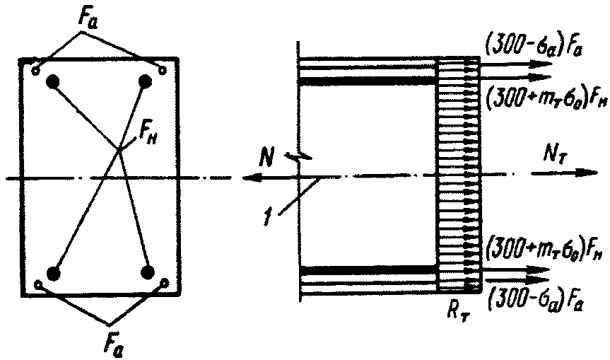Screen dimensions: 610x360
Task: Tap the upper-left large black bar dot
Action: pyautogui.click(x=52, y=82)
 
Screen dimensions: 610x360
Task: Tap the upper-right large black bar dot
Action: pyautogui.click(x=146, y=82)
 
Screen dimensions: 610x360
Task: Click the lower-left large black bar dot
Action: pyautogui.click(x=52, y=273)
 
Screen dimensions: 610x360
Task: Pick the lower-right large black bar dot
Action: pyautogui.click(x=148, y=272)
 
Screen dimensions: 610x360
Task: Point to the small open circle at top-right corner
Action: pyautogui.click(x=163, y=69)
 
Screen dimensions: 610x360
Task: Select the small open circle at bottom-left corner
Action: pyautogui.click(x=37, y=285)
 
